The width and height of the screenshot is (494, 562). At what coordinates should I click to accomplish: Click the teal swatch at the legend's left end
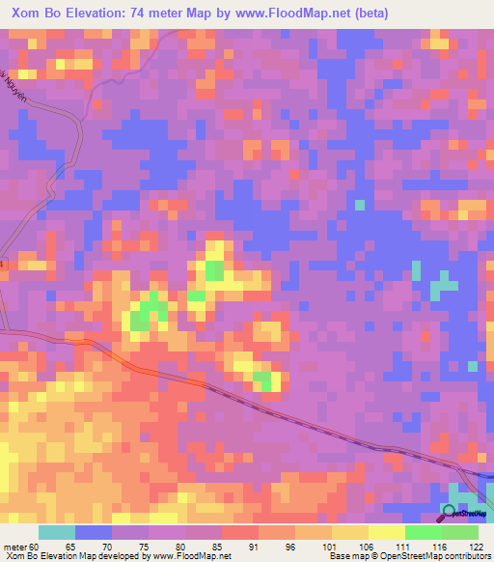coord(56,532)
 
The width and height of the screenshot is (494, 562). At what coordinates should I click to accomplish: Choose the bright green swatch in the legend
coord(423,532)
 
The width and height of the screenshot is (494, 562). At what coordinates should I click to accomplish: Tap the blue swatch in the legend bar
coord(93,532)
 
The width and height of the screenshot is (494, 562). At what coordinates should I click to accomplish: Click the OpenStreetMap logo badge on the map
coord(465,512)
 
